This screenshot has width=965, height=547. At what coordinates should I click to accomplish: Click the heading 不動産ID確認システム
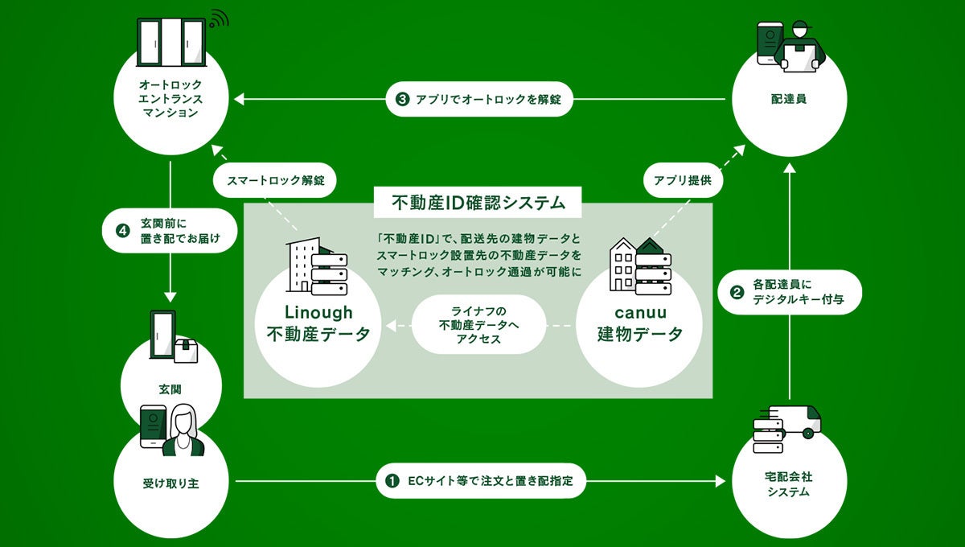pyautogui.click(x=478, y=203)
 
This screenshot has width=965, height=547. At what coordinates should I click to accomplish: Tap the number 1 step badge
pyautogui.click(x=392, y=482)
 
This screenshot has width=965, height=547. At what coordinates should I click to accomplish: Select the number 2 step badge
pyautogui.click(x=736, y=292)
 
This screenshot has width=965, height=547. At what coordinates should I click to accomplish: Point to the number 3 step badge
pyautogui.click(x=402, y=101)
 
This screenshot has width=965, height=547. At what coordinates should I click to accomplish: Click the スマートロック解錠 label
pyautogui.click(x=276, y=181)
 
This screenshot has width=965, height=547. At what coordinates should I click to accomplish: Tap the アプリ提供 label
pyautogui.click(x=683, y=181)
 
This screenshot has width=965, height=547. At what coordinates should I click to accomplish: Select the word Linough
pyautogui.click(x=318, y=312)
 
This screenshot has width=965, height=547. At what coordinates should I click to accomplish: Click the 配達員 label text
pyautogui.click(x=789, y=101)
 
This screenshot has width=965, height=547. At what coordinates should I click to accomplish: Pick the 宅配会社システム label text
pyautogui.click(x=789, y=484)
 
